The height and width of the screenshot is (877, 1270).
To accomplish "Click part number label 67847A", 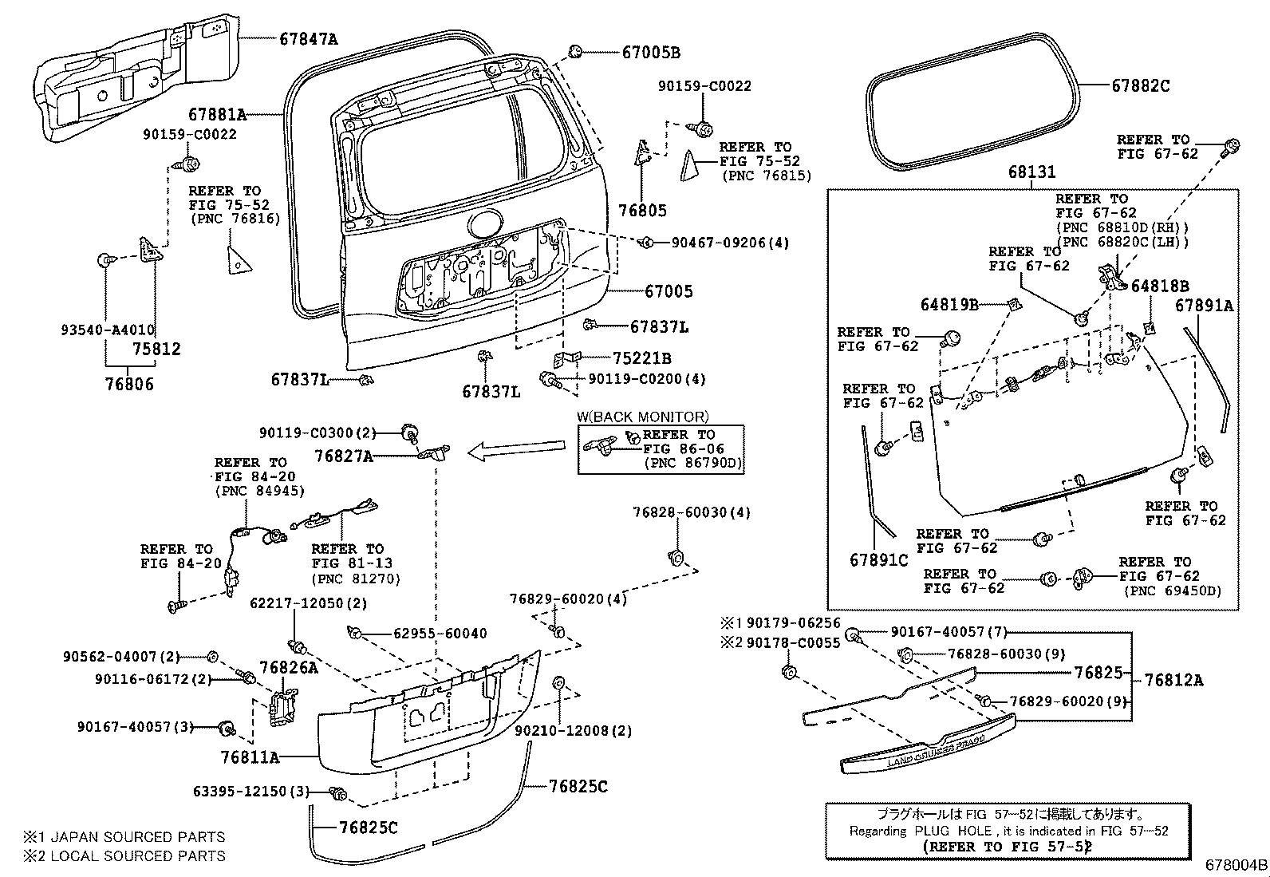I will point(308,38).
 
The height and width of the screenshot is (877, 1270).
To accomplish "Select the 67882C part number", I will point(1140,85).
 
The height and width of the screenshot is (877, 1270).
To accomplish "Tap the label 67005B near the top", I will point(650,53).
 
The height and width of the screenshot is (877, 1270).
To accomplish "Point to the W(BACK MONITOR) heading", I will point(642,417).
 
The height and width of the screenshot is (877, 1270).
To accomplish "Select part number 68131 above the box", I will point(1031,172).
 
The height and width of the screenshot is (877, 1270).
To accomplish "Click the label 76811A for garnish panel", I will point(250,756).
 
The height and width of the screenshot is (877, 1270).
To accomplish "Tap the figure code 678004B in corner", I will point(1236,865).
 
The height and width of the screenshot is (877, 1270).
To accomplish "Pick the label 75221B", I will point(641,358).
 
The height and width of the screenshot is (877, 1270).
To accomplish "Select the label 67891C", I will point(878,560).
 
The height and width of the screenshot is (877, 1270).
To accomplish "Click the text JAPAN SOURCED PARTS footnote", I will point(132,836).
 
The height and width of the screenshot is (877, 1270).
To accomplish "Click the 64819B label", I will point(949,304).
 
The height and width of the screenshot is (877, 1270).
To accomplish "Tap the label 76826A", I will point(287,667).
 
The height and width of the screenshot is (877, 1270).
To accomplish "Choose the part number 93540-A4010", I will point(108,330).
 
